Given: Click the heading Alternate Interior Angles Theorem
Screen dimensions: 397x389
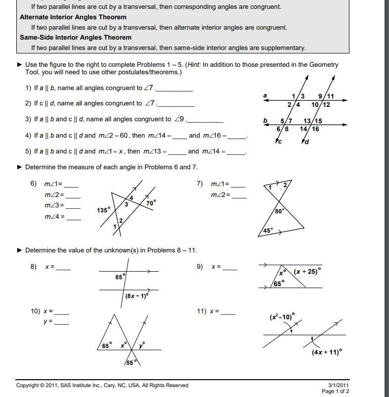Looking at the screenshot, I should coord(73,17).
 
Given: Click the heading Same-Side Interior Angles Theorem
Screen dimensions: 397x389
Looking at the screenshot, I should coord(76,37).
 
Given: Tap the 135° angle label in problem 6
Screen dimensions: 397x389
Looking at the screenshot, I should coord(103,210).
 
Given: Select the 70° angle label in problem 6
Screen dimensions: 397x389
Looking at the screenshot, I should coord(151,202).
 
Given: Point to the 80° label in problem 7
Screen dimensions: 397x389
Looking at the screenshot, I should coord(280,211).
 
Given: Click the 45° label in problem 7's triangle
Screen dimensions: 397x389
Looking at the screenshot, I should coord(268,230).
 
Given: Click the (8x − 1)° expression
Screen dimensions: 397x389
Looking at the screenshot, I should coord(137,296).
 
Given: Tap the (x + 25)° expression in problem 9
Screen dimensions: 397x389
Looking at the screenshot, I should coord(307,271).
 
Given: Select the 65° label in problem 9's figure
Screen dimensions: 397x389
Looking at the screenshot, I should coord(279,284).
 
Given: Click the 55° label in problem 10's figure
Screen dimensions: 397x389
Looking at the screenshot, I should coord(129,363).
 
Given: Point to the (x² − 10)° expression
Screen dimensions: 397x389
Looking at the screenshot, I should coord(282,316).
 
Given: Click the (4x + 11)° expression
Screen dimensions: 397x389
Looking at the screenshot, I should coord(327,352).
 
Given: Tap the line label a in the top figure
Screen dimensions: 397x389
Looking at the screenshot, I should coord(265,96).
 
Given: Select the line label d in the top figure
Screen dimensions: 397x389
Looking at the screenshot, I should coord(306,142).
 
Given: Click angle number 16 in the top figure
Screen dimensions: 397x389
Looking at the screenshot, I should coord(315,129).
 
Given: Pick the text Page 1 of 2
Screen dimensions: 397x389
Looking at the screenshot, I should coord(335,392).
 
